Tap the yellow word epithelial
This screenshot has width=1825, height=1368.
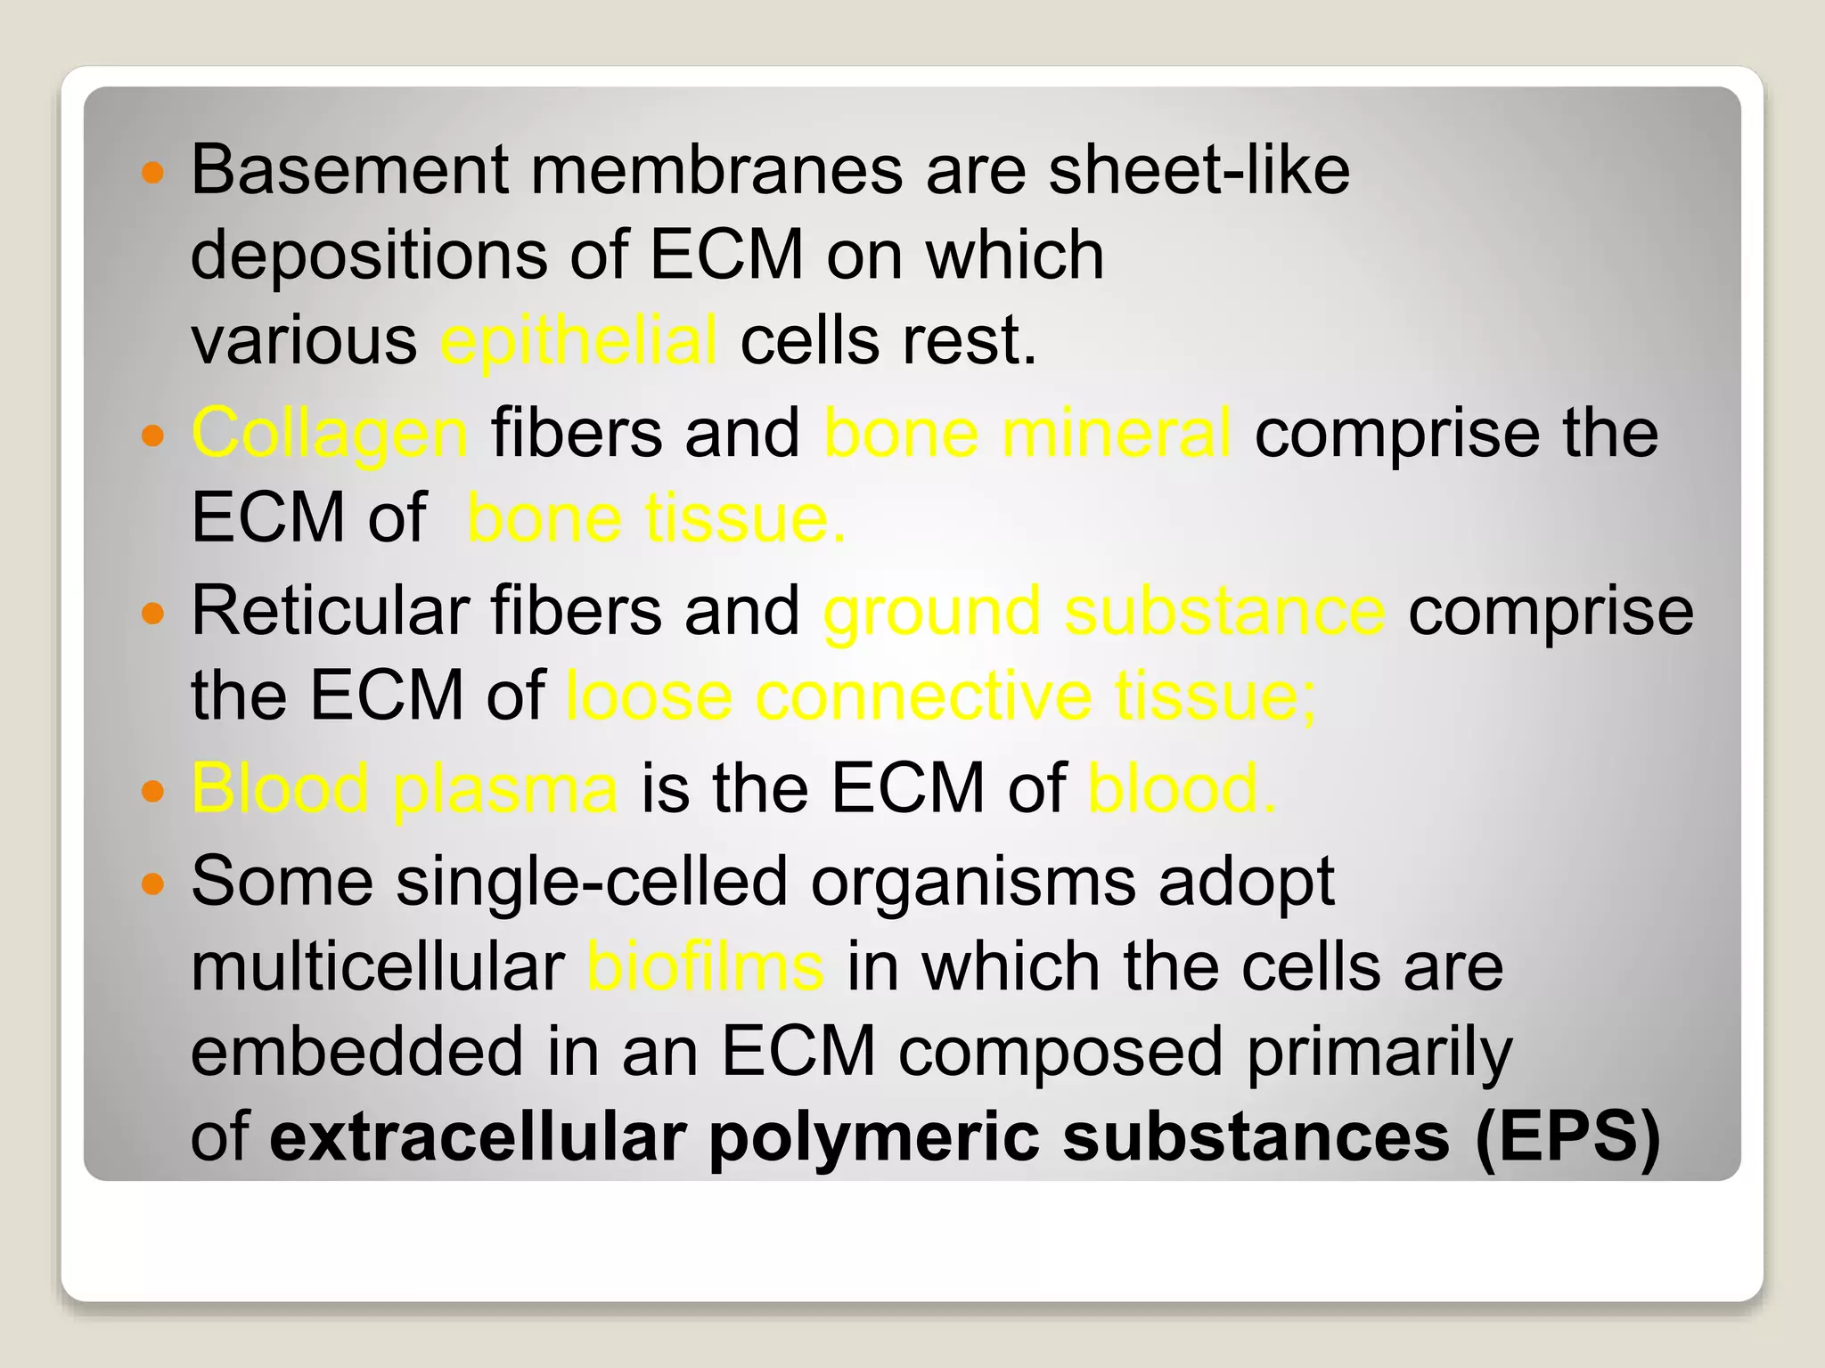point(578,341)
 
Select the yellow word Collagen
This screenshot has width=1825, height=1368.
point(329,434)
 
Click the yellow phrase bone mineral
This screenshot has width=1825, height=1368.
point(1027,434)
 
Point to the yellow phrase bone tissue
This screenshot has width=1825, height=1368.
point(656,518)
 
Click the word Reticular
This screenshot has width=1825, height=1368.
point(330,611)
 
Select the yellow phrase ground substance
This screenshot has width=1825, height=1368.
point(1103,613)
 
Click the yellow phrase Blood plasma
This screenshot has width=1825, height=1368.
point(405,789)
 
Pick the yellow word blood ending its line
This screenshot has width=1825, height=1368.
point(1181,788)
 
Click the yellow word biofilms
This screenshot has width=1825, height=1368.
point(705,967)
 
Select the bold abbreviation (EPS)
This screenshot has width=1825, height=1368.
point(1567,1137)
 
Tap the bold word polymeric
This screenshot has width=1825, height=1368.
point(873,1139)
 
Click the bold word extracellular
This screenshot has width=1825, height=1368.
point(478,1137)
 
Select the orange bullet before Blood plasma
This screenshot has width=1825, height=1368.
point(153,790)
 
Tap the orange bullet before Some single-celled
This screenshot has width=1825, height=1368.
point(153,883)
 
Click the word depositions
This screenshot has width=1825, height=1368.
point(369,256)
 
